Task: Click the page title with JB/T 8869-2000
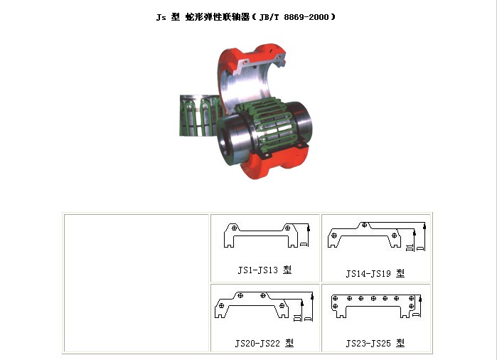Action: click(x=245, y=17)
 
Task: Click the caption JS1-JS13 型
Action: click(x=264, y=270)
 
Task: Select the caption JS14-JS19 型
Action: click(x=375, y=273)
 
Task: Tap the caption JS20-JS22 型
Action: click(x=264, y=343)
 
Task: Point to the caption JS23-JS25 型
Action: click(x=375, y=343)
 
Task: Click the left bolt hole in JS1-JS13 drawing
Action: click(x=234, y=228)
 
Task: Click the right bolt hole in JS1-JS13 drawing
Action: click(x=287, y=228)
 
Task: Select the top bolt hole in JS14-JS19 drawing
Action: click(x=365, y=225)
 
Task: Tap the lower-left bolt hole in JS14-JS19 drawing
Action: click(x=333, y=235)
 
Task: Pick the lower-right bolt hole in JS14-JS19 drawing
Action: click(x=394, y=235)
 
